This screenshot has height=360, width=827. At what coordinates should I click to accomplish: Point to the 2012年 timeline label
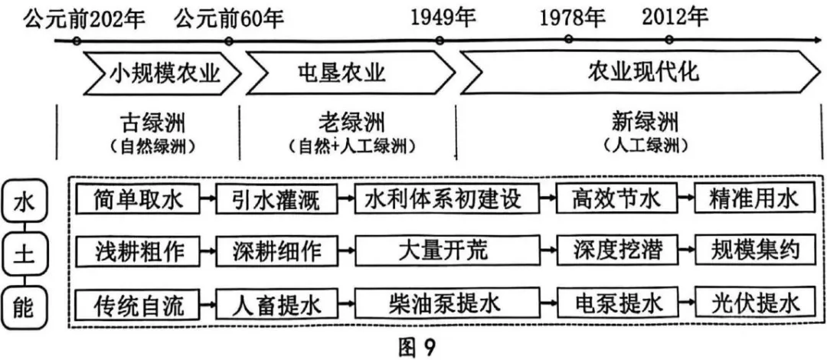coord(675,16)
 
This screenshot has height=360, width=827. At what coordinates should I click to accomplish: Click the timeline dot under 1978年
coord(568,39)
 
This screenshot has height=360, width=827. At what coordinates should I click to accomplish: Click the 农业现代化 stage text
coord(643,73)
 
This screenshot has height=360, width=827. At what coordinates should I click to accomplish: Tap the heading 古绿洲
coord(153,122)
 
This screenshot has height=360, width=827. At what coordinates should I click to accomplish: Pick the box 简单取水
coord(139,201)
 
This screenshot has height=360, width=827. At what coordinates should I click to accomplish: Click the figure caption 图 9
coord(416,346)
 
